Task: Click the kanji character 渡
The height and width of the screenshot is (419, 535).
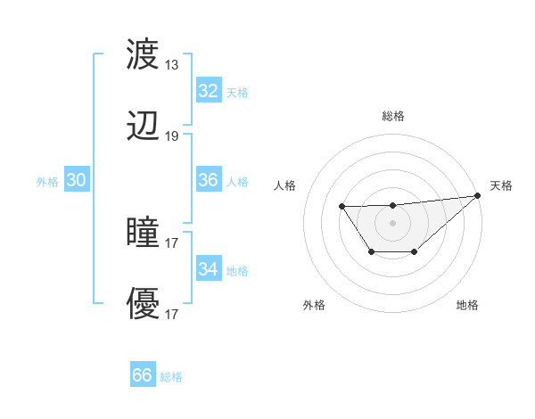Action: tap(144, 54)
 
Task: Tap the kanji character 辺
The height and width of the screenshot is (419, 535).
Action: tap(144, 127)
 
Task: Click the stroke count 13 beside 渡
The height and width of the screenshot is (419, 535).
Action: tap(171, 65)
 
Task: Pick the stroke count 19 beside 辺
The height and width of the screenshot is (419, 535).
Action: tap(171, 136)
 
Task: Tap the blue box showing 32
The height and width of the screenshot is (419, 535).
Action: tap(208, 91)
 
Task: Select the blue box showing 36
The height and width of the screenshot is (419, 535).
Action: tap(208, 180)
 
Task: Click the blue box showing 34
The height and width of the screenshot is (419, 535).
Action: tap(208, 269)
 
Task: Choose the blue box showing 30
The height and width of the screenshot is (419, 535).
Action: tap(77, 180)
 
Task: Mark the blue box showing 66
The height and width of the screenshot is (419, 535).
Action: tap(142, 375)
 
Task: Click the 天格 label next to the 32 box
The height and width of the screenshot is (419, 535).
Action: tap(237, 92)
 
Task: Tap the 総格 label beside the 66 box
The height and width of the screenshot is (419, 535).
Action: tap(171, 377)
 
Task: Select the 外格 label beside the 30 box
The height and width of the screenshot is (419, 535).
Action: tap(47, 182)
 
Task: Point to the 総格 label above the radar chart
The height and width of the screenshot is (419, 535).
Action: tap(392, 116)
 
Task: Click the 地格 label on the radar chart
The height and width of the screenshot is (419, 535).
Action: tap(467, 305)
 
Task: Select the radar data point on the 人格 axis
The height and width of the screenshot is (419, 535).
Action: tap(342, 207)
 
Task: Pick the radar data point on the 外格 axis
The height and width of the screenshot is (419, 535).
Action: tap(371, 252)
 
